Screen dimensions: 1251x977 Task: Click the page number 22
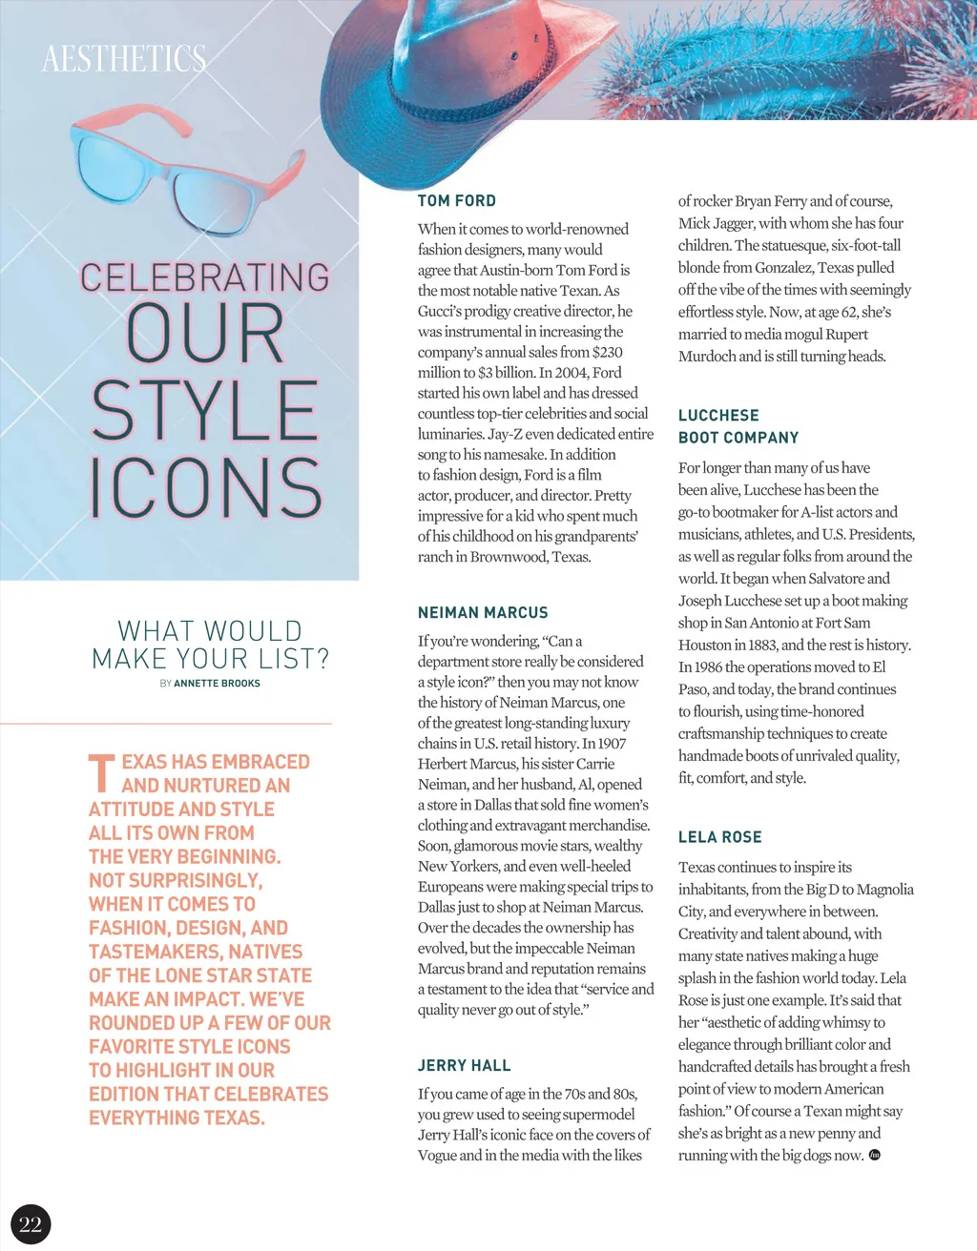pyautogui.click(x=31, y=1224)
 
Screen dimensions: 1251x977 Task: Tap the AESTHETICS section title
pyautogui.click(x=124, y=59)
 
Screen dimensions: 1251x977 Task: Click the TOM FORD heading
pyautogui.click(x=457, y=201)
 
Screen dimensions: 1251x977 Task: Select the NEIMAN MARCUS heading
pyautogui.click(x=483, y=613)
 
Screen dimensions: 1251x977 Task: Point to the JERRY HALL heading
pyautogui.click(x=464, y=1066)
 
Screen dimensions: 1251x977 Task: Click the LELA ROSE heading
pyautogui.click(x=719, y=837)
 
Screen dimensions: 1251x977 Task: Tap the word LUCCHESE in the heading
pyautogui.click(x=718, y=416)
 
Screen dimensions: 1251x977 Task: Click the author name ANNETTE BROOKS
pyautogui.click(x=217, y=684)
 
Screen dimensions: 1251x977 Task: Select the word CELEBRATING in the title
pyautogui.click(x=205, y=277)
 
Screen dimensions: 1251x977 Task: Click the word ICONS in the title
pyautogui.click(x=206, y=487)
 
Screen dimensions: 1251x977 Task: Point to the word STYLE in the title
pyautogui.click(x=204, y=411)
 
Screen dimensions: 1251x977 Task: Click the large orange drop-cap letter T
pyautogui.click(x=101, y=774)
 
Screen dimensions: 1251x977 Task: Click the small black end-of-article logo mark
pyautogui.click(x=875, y=1156)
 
